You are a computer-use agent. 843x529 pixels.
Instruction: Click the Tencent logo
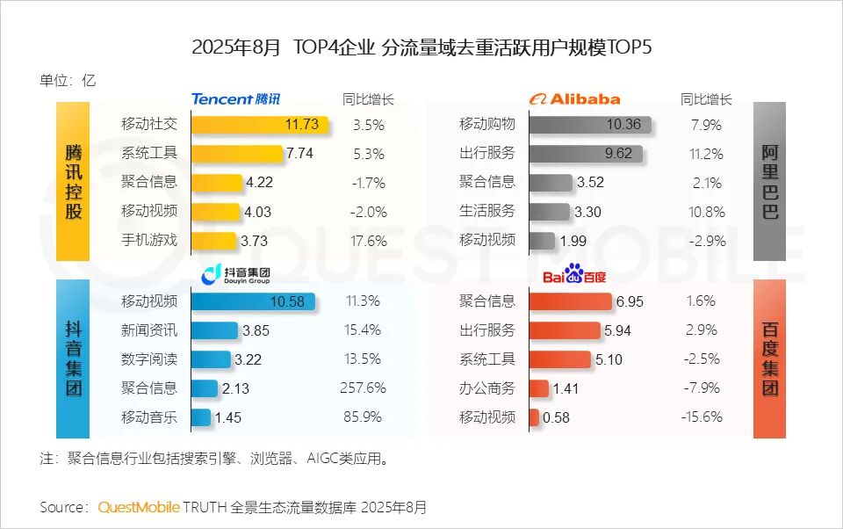tap(235, 99)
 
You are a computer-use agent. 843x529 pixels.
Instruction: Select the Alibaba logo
tap(574, 99)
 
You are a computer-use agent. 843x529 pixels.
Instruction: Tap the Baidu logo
tap(573, 276)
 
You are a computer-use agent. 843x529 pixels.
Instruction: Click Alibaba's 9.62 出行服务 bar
tap(586, 154)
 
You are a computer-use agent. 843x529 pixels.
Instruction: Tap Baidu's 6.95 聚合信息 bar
tap(571, 301)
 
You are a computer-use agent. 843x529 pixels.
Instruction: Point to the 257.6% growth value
tap(363, 388)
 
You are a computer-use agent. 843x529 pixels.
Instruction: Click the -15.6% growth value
tap(702, 417)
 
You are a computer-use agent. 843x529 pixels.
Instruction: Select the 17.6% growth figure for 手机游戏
tap(369, 241)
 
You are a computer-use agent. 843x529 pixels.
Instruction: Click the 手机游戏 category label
tap(149, 240)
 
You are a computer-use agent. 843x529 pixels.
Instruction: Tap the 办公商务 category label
tap(487, 388)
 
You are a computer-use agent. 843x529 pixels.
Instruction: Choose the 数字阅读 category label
tap(149, 359)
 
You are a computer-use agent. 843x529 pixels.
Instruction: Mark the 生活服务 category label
tap(487, 211)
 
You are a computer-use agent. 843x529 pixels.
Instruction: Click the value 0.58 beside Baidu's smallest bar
tap(557, 417)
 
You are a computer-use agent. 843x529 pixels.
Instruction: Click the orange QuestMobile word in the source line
tap(139, 507)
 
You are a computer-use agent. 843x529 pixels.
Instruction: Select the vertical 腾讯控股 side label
tap(73, 181)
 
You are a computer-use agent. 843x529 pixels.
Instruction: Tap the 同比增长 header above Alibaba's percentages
tap(706, 99)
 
